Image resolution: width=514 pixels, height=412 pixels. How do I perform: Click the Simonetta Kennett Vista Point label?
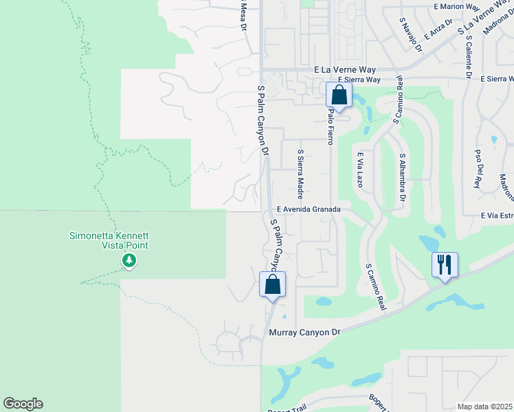click(109, 240)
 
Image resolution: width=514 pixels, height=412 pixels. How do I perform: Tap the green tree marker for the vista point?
click(128, 260)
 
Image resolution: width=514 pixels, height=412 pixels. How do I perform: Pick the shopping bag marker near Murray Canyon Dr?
click(272, 284)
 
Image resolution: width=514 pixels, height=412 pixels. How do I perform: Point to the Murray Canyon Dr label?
click(303, 332)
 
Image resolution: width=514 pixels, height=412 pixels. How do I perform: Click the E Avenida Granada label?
click(309, 208)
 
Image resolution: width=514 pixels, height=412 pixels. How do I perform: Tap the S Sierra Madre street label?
click(300, 172)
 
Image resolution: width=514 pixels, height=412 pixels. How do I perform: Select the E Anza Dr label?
click(438, 29)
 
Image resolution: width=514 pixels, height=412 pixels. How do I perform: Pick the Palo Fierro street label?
click(331, 126)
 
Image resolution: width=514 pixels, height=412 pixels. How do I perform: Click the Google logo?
click(23, 404)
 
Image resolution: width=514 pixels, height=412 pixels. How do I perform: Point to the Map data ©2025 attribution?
click(484, 407)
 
